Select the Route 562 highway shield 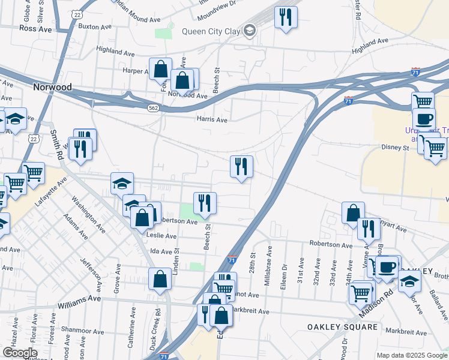pos(154,107)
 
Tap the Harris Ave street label pos(212,119)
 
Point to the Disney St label pos(395,147)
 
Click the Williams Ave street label pos(79,298)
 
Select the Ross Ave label pos(36,28)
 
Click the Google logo pos(20,353)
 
